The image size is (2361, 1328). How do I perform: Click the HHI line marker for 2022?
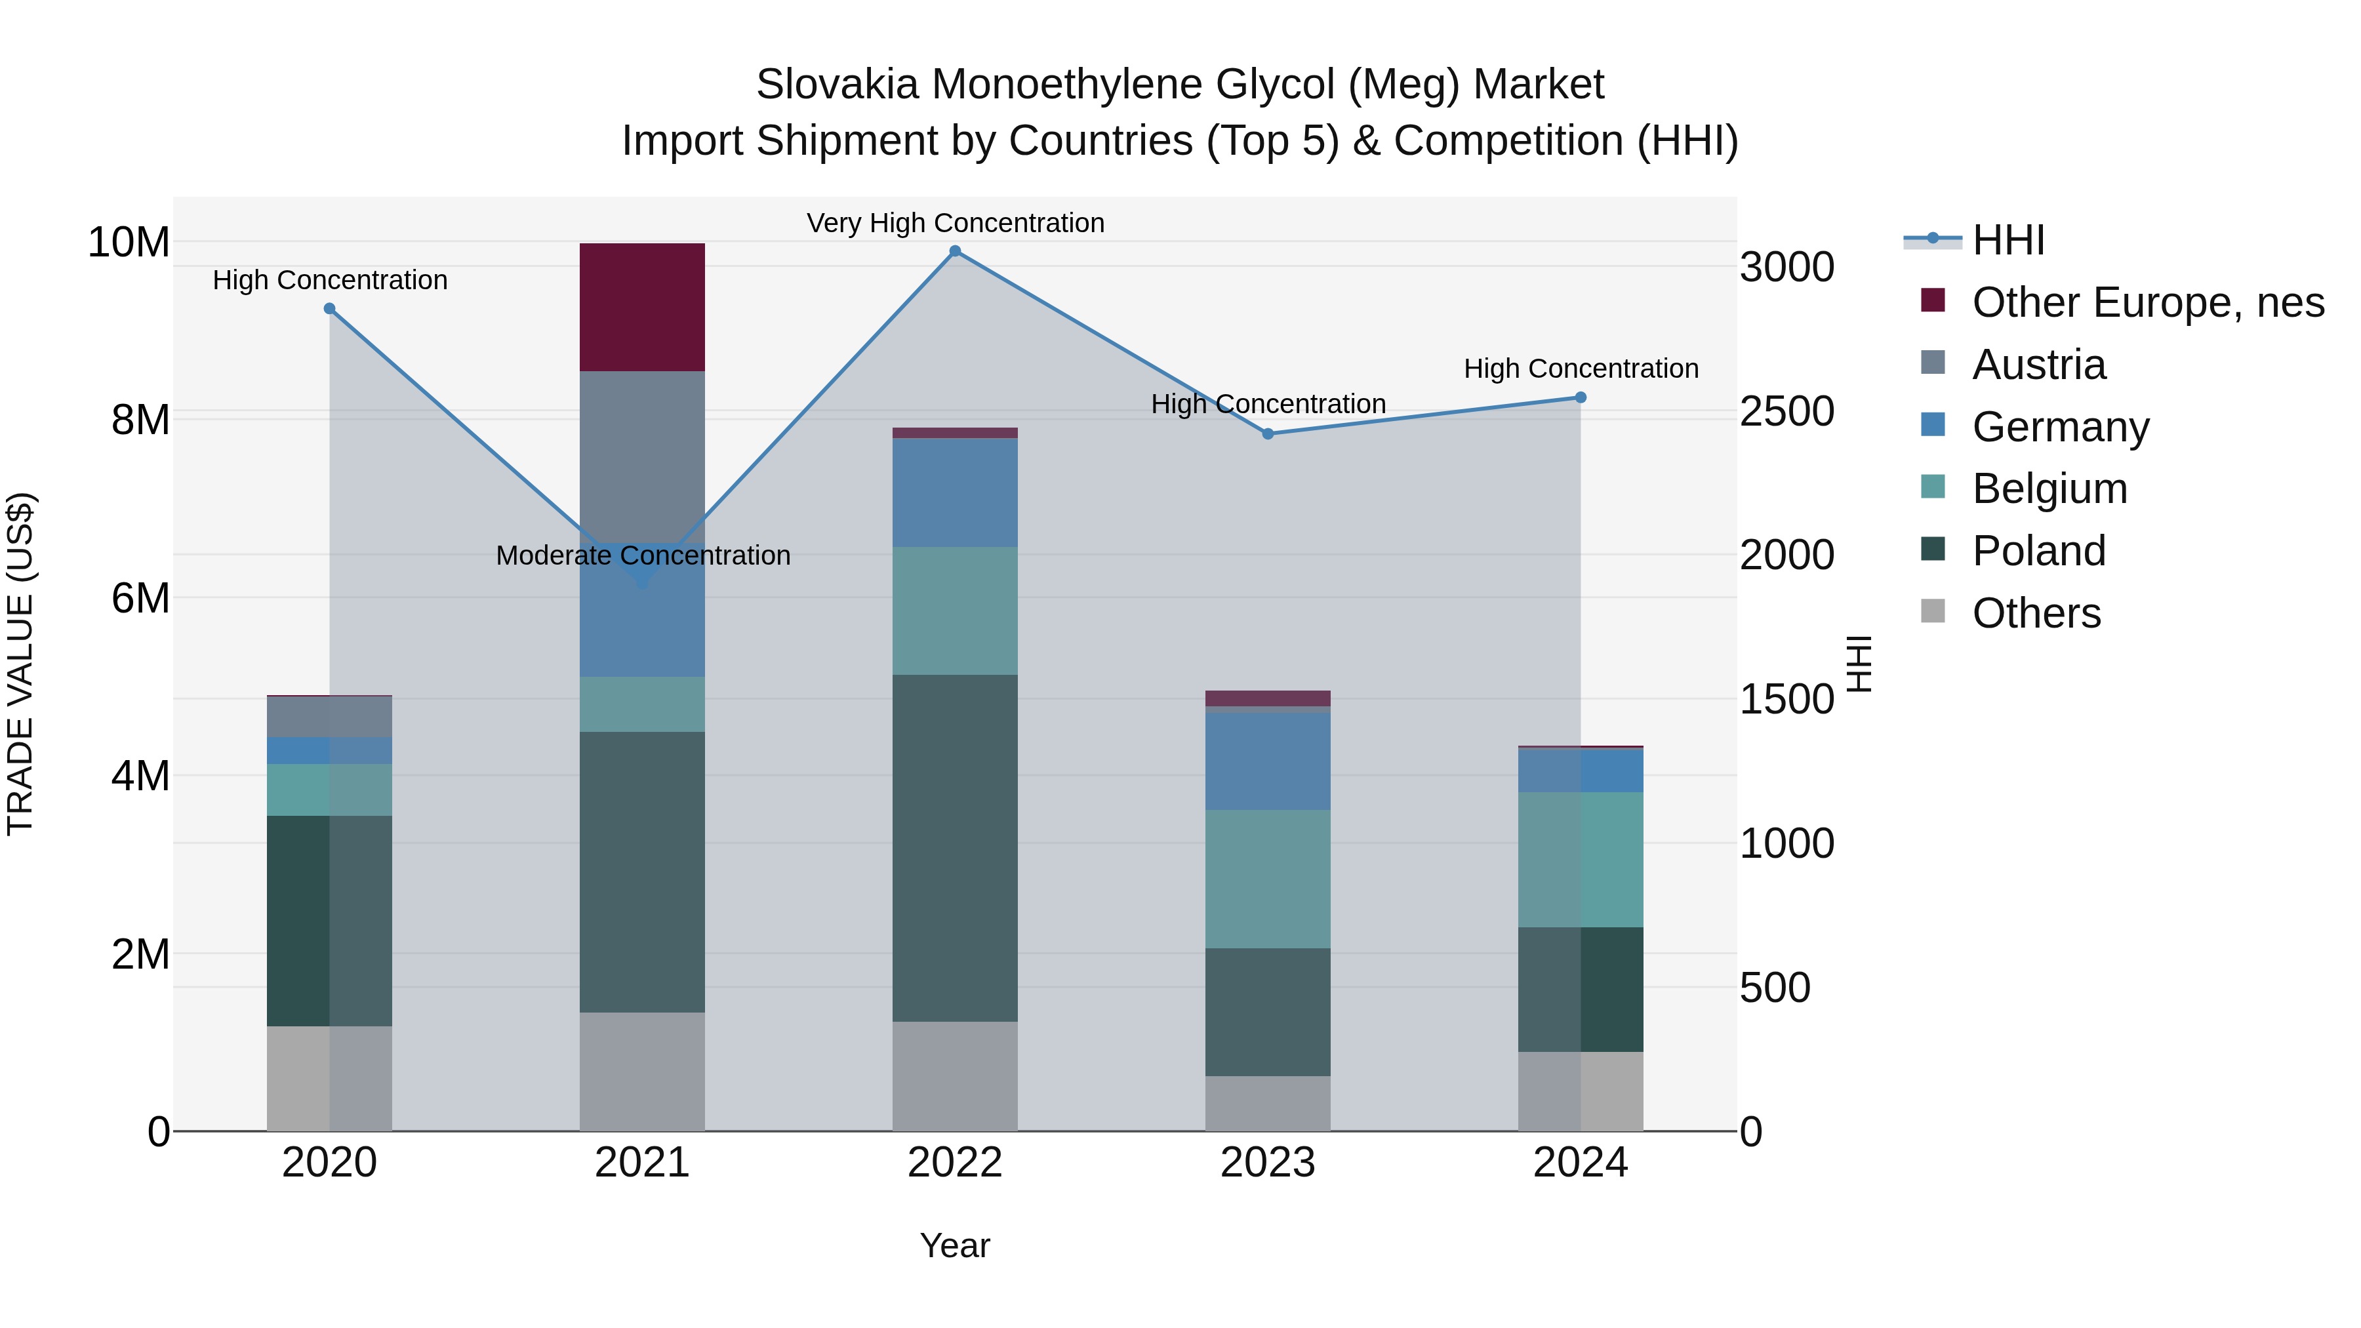point(955,251)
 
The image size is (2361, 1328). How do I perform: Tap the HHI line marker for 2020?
point(330,309)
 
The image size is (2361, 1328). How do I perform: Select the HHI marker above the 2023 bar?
point(1268,433)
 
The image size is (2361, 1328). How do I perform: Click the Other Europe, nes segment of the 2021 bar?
point(643,307)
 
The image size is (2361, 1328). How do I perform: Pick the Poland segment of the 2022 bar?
point(955,848)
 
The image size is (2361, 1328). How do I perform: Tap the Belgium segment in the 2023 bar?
point(1268,878)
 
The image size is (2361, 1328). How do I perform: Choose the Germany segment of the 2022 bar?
point(955,492)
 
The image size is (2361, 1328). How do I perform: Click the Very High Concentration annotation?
point(955,223)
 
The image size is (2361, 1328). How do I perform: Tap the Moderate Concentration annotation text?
point(643,555)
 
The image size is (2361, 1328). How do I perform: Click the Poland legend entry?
point(2038,551)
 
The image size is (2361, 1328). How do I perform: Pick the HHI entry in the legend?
point(2008,240)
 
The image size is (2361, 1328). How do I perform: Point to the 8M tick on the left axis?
point(140,420)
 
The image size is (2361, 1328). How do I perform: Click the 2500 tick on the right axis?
point(1786,411)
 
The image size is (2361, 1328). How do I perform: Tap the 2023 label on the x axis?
point(1268,1163)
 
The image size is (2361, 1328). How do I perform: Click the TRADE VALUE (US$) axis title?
point(20,664)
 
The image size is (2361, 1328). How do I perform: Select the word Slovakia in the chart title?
point(837,85)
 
